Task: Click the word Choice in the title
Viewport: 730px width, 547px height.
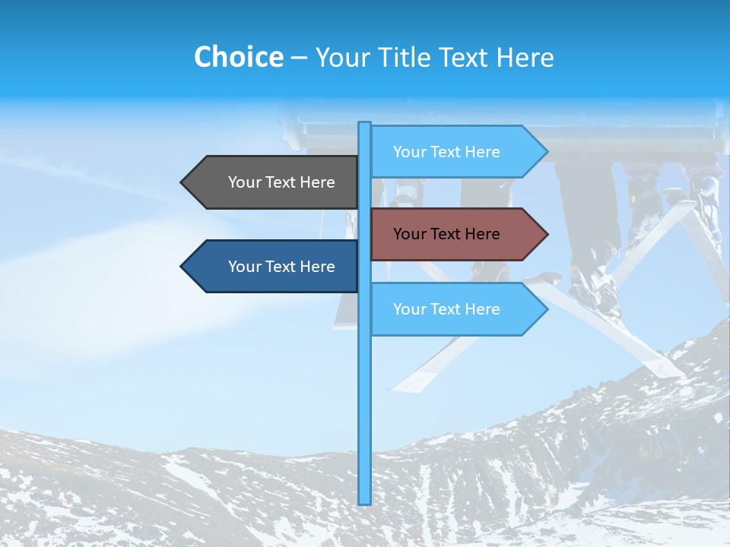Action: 238,57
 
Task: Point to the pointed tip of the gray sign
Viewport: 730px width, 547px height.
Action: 182,182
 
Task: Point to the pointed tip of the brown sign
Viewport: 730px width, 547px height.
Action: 546,234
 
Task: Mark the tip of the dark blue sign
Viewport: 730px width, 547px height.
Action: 182,267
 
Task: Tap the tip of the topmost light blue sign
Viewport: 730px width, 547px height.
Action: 546,152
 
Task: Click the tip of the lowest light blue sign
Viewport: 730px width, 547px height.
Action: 546,309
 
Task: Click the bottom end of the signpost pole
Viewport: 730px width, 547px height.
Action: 365,502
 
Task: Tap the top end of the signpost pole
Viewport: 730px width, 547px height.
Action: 365,124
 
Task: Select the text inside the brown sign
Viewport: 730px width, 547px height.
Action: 446,234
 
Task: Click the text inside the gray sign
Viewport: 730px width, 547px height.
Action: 281,182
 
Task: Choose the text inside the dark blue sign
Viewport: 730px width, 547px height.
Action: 281,267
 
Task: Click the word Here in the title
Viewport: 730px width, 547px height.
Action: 525,57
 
